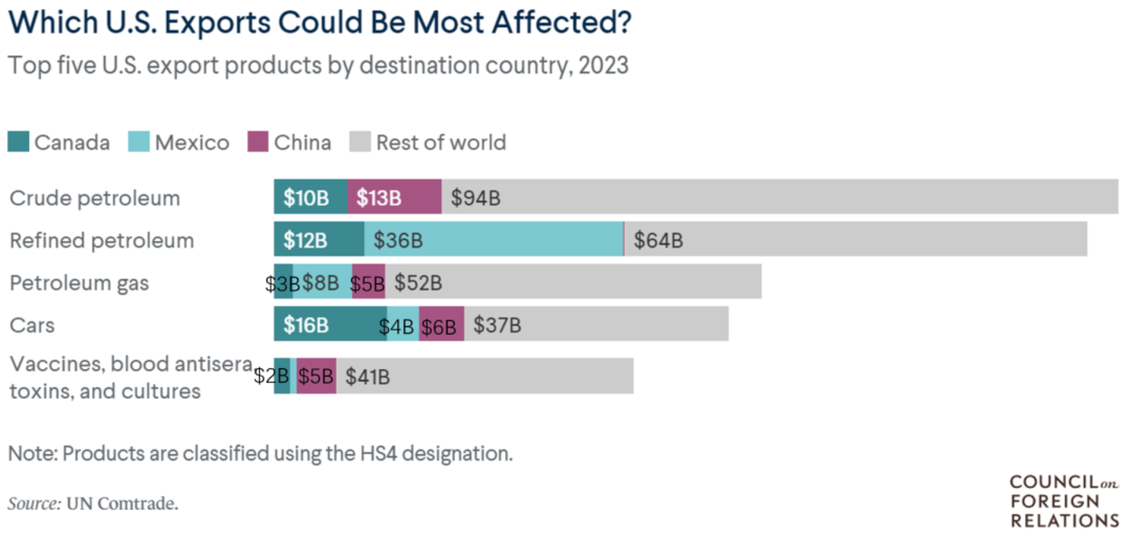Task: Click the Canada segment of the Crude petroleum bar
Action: [310, 197]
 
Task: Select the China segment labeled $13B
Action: [394, 197]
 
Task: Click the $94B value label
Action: [475, 198]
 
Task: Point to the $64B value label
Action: [658, 240]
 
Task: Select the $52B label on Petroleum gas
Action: [418, 283]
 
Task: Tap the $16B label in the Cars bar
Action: [306, 325]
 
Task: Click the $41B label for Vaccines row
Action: [367, 377]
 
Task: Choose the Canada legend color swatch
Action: [18, 142]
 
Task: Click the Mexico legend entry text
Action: [192, 142]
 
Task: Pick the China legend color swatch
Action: [257, 142]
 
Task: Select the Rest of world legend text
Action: [441, 142]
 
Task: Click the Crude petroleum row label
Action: [94, 198]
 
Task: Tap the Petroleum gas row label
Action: [79, 283]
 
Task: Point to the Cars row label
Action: [32, 325]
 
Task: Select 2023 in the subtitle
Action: [603, 65]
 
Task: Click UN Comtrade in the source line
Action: [123, 503]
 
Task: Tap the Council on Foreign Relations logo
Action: [1064, 501]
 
